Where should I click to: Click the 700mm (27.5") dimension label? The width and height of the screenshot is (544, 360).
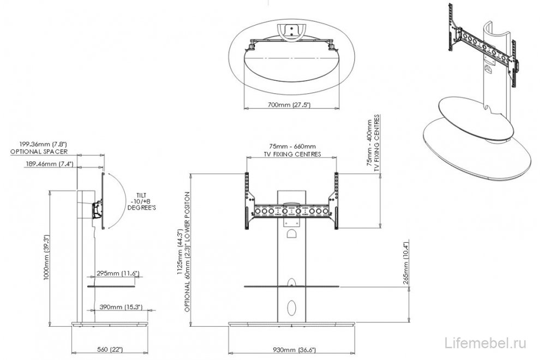click(x=289, y=104)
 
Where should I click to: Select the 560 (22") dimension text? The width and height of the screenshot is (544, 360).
click(x=110, y=349)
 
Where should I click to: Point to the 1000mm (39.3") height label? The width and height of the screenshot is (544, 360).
click(x=47, y=258)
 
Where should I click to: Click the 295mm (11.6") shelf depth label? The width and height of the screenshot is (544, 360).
click(x=118, y=274)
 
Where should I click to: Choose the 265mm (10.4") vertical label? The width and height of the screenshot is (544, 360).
click(x=406, y=263)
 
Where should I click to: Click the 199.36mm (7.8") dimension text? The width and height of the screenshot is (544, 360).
click(x=43, y=144)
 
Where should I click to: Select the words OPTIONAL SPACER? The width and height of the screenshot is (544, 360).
click(x=39, y=152)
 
